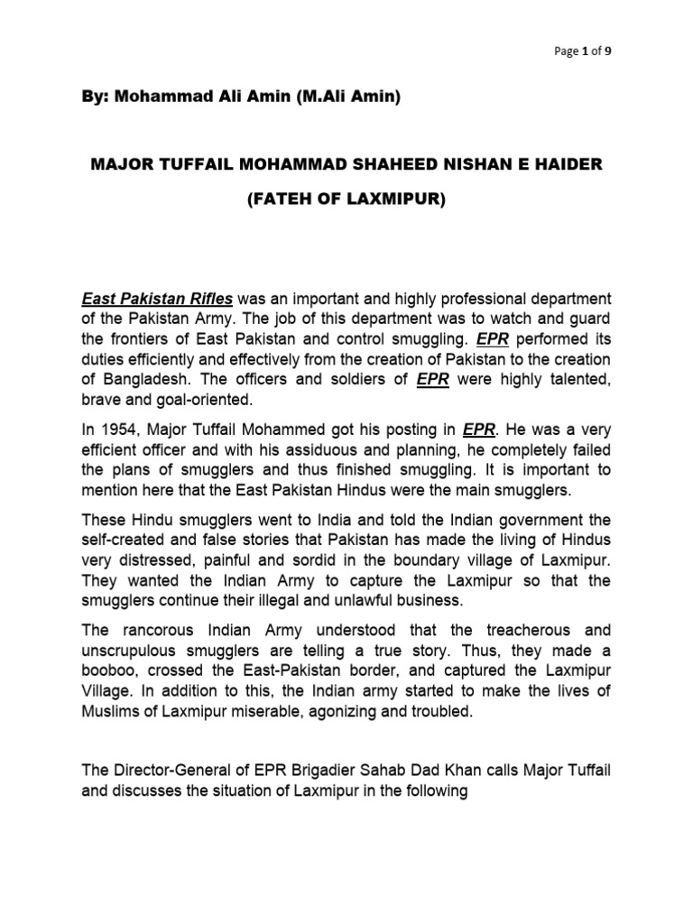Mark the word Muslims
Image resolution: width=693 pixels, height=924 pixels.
coord(111,712)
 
